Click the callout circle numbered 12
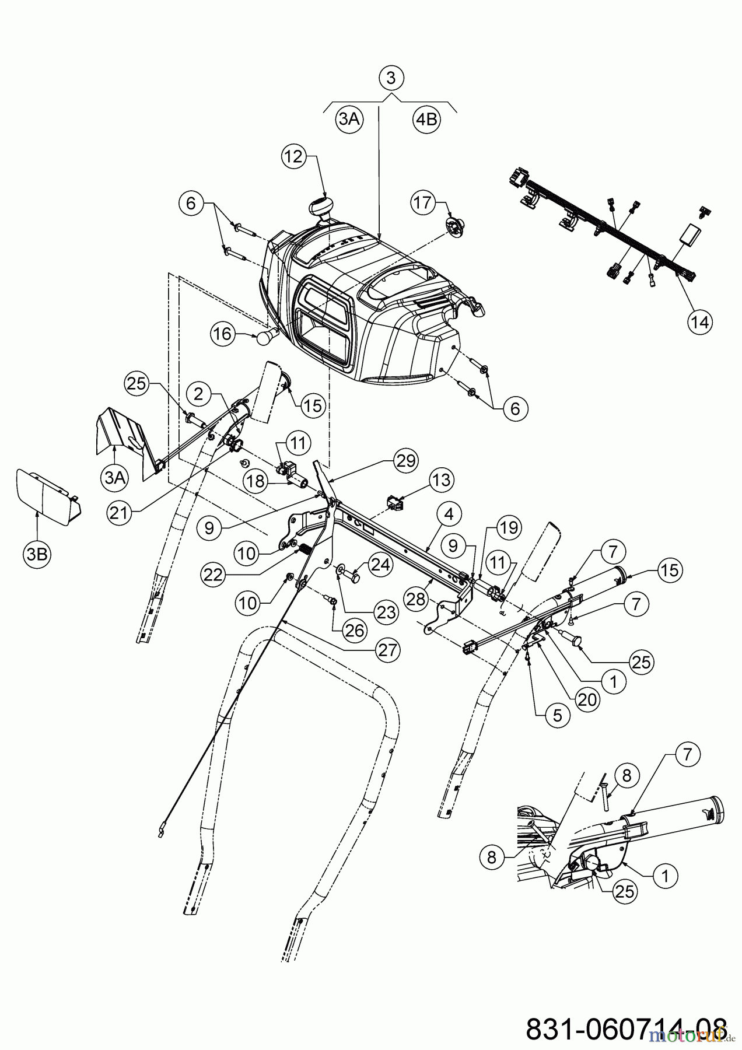click(294, 157)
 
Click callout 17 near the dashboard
click(423, 202)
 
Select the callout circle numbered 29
click(405, 461)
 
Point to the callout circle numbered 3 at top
click(391, 78)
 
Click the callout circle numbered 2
click(199, 394)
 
